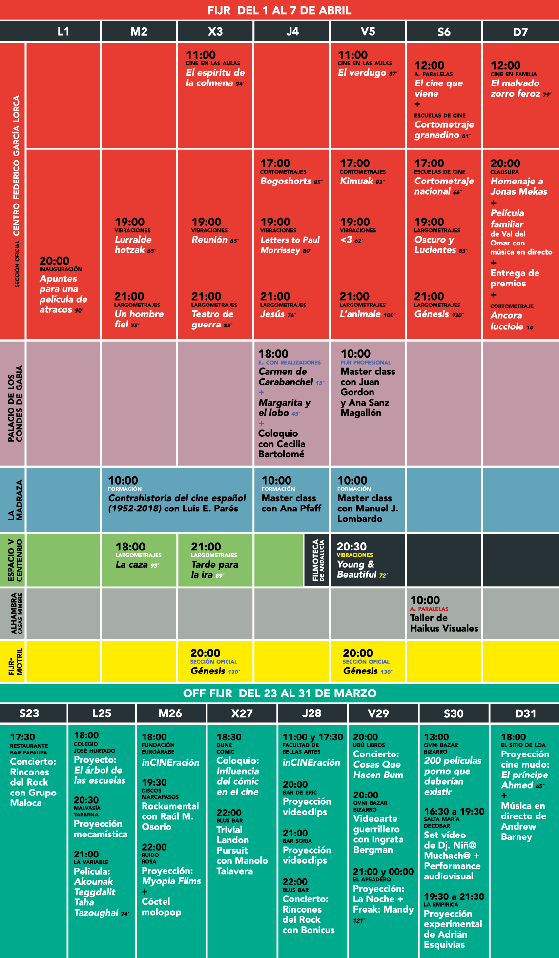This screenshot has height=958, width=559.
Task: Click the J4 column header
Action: pyautogui.click(x=292, y=32)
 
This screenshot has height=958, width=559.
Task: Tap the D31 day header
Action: pyautogui.click(x=525, y=713)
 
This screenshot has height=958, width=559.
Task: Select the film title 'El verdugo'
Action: pyautogui.click(x=362, y=73)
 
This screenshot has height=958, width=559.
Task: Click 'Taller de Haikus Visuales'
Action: pyautogui.click(x=444, y=623)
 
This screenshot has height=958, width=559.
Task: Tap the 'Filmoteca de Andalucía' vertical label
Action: pyautogui.click(x=318, y=560)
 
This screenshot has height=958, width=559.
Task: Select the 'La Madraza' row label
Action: pyautogui.click(x=16, y=500)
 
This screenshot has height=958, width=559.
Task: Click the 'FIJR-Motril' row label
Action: pyautogui.click(x=16, y=662)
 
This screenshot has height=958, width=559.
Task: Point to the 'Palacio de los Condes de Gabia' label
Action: pyautogui.click(x=16, y=404)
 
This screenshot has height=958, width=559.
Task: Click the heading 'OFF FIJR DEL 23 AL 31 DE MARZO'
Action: pyautogui.click(x=280, y=693)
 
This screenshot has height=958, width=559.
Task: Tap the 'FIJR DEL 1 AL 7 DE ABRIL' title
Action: pyautogui.click(x=279, y=10)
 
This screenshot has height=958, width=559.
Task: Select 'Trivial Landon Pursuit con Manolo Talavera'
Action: pyautogui.click(x=242, y=850)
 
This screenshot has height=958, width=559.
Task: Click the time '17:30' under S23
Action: pyautogui.click(x=22, y=737)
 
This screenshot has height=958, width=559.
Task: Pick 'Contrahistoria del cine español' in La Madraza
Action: pyautogui.click(x=177, y=498)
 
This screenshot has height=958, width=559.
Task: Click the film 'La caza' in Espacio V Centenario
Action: pyautogui.click(x=132, y=564)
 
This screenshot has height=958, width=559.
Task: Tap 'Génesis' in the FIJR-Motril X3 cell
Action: pyautogui.click(x=208, y=671)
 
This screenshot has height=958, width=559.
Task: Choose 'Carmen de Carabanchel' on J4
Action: pyautogui.click(x=286, y=377)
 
